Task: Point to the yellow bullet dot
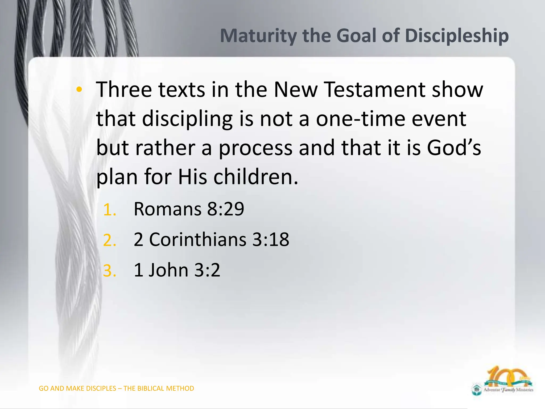coord(79,89)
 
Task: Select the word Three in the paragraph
coord(124,89)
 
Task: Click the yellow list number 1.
coord(109,210)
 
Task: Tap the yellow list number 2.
coord(109,240)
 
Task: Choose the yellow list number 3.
coord(109,271)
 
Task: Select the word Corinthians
coord(197,239)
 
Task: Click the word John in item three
coord(168,270)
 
